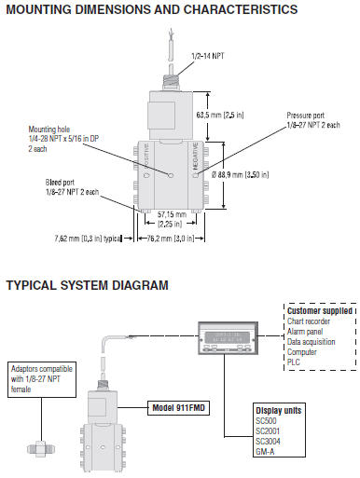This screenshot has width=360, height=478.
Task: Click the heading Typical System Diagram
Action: tap(88, 284)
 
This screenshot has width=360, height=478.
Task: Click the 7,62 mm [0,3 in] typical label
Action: tap(90, 238)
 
